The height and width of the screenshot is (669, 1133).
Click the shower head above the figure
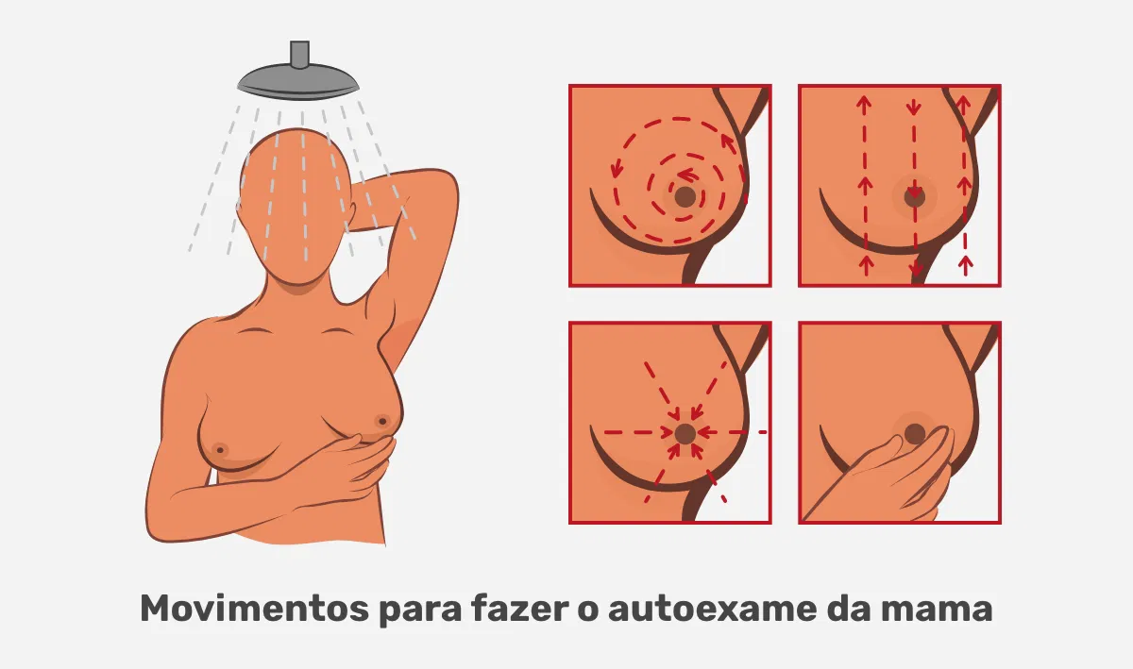298,81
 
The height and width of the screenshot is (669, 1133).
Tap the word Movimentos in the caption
254,609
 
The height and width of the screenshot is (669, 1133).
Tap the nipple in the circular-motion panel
685,196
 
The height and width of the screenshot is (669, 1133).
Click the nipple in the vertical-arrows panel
915,196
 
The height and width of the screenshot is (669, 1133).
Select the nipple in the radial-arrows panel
685,433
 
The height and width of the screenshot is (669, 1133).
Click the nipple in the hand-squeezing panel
915,433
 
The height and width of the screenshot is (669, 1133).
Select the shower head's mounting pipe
299,54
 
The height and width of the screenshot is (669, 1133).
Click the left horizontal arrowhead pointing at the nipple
668,433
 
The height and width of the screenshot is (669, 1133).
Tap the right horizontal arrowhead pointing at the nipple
704,432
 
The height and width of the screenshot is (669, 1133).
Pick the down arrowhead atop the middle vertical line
914,108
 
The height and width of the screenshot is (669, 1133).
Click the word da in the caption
849,609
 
